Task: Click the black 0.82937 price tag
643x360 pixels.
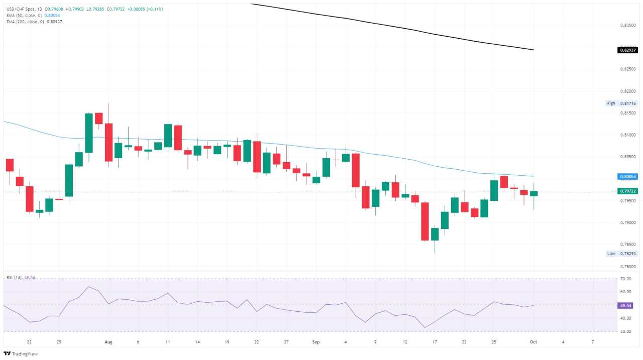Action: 628,50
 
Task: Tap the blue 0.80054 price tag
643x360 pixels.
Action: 628,177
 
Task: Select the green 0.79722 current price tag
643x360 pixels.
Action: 628,191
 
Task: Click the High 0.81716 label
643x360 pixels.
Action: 621,103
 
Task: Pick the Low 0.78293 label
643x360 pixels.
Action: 621,254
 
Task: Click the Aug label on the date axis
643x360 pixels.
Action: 109,342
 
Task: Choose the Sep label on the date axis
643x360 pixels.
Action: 316,342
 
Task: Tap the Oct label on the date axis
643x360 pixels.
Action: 533,342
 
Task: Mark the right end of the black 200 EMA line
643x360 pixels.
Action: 533,50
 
